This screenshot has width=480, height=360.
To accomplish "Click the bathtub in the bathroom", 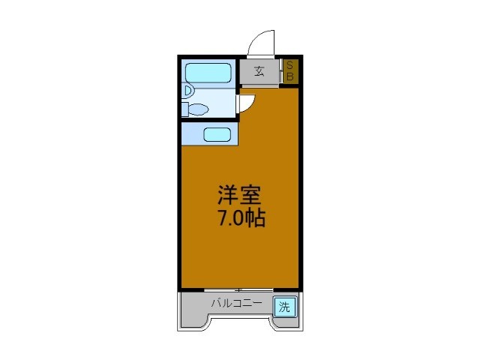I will [208, 73].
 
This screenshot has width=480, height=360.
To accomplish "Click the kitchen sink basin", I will [217, 135].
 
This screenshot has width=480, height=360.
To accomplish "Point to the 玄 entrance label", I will [259, 72].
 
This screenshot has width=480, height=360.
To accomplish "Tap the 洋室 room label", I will [239, 196].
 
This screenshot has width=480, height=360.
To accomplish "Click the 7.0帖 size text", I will [240, 220].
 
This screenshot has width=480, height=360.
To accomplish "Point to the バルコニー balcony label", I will [235, 304].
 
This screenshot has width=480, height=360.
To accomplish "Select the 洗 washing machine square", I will [283, 306].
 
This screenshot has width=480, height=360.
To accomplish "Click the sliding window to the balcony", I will [238, 289].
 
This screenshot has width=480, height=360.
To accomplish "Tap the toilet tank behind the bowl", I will [184, 109].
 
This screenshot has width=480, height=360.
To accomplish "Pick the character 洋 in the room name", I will [228, 196].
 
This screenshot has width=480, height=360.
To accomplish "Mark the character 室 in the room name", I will [251, 196].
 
